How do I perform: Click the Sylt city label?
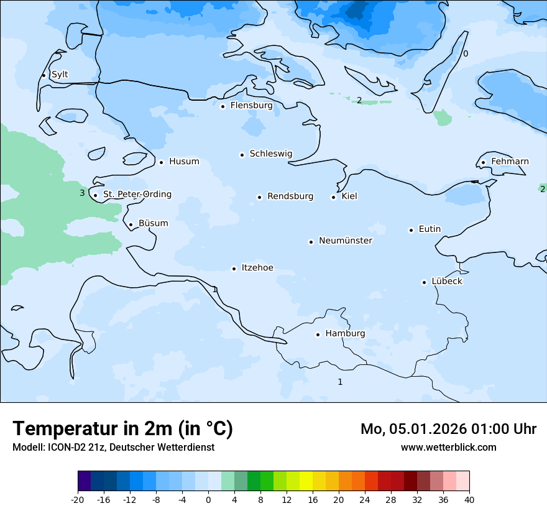click(x=60, y=75)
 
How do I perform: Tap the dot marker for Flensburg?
click(x=223, y=106)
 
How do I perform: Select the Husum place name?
click(x=184, y=162)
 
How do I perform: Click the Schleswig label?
click(x=270, y=154)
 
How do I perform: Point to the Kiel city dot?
click(x=334, y=197)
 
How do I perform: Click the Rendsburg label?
click(x=290, y=196)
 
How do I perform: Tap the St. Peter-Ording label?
click(x=137, y=195)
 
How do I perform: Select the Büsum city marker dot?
click(x=131, y=224)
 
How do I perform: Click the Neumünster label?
click(x=346, y=241)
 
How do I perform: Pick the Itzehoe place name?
click(x=257, y=268)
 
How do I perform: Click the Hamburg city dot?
click(x=318, y=334)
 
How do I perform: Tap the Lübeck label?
click(x=447, y=282)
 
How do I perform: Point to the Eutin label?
click(x=430, y=229)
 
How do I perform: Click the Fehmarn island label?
click(x=510, y=162)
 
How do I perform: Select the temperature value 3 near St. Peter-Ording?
click(x=82, y=193)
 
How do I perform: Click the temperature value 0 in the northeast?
click(x=466, y=54)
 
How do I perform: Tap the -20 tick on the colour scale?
click(x=78, y=500)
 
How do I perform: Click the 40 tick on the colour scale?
click(x=469, y=500)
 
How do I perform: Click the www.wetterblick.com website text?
click(x=448, y=448)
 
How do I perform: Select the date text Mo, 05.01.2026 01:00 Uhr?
click(x=448, y=429)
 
